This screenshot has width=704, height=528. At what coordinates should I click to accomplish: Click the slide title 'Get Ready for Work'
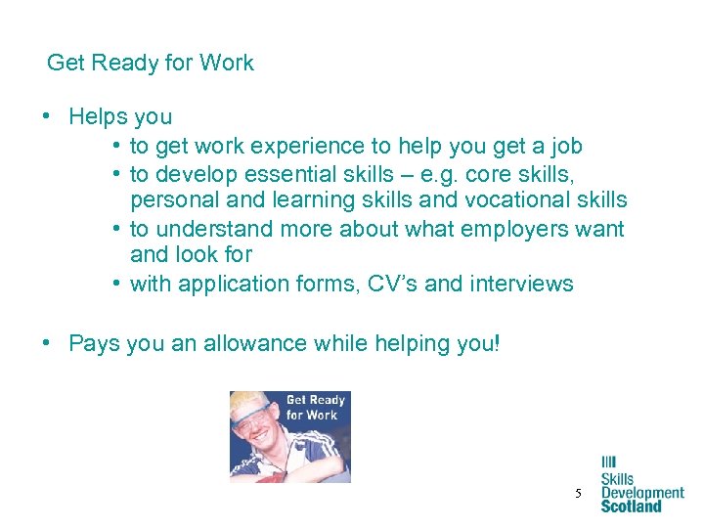click(x=151, y=64)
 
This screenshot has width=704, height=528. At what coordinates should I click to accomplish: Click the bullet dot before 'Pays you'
click(x=47, y=344)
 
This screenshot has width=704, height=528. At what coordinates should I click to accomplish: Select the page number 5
click(x=578, y=495)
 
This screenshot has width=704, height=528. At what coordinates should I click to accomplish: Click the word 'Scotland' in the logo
click(x=631, y=506)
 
